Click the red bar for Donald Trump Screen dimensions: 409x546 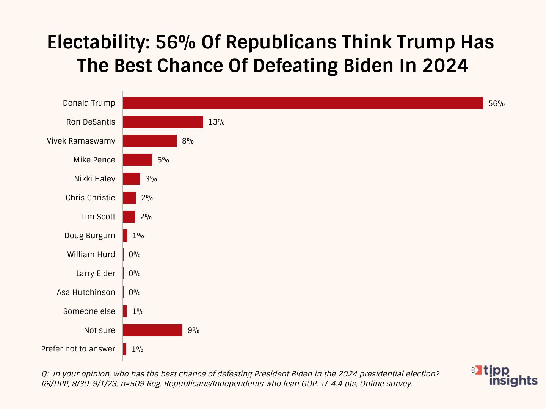coord(303,103)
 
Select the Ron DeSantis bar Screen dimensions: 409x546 coord(163,122)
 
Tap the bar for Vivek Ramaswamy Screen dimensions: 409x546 coord(150,141)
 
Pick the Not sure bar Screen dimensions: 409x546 coord(152,330)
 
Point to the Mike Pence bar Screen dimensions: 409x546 coord(137,160)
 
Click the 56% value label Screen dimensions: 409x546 coord(496,103)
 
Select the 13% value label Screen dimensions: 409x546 coord(216,122)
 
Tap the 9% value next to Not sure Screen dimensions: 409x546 coord(193,330)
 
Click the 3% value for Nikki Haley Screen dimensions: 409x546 coord(151,179)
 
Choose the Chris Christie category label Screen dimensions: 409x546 coord(90,198)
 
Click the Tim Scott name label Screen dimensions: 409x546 coord(98,217)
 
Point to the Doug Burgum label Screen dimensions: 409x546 coord(89,236)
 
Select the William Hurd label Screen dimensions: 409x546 coord(91,254)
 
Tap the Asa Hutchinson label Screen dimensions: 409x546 coord(86,292)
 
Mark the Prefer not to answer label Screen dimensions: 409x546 coord(78,349)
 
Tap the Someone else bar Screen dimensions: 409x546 coord(125,311)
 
